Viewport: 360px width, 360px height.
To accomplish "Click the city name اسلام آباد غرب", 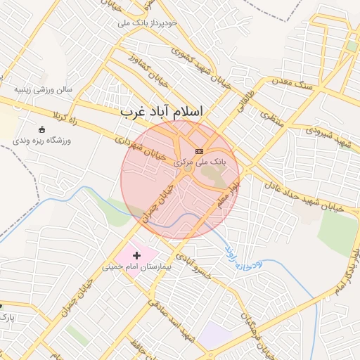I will (161, 112).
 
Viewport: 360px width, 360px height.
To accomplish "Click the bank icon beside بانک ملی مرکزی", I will (199, 150).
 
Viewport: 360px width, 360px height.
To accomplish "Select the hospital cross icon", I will (136, 253).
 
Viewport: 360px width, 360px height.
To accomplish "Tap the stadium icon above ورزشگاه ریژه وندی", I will (41, 129).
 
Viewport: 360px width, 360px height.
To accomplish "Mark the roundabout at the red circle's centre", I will (186, 169).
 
